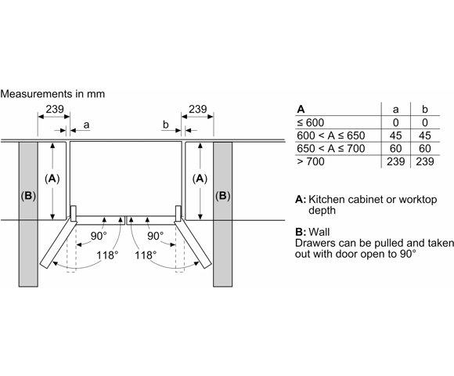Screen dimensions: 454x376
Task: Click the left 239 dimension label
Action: pos(55,109)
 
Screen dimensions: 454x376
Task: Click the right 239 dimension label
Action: pos(198,109)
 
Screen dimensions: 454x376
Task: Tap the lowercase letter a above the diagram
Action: pos(86,125)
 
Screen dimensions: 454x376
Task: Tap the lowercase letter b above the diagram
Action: pos(166,125)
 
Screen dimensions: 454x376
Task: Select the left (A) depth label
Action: pos(52,179)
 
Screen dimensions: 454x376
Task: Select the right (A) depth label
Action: pos(200,179)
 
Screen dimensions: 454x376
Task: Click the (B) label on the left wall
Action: pos(28,196)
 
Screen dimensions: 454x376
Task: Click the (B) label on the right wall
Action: pos(222,196)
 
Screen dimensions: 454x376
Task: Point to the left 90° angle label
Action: pos(99,236)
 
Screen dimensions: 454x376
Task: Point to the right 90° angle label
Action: pos(155,236)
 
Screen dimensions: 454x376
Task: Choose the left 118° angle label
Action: pos(107,255)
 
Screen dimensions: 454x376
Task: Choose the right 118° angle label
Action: pos(146,255)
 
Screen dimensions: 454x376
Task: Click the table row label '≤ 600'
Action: pos(311,122)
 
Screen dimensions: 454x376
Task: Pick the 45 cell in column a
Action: pos(395,136)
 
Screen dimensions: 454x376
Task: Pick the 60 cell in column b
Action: pos(425,148)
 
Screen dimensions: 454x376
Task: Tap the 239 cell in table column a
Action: pos(395,161)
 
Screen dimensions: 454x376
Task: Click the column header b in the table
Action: pos(425,109)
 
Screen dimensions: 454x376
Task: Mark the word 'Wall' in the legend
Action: pos(319,232)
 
